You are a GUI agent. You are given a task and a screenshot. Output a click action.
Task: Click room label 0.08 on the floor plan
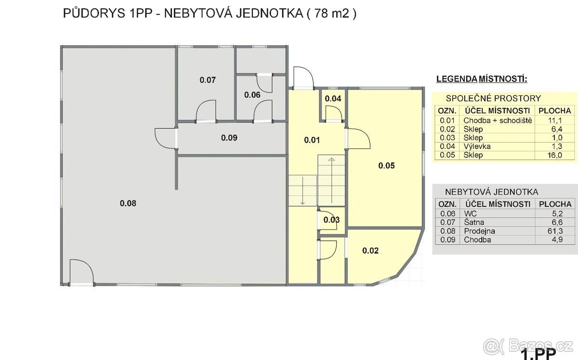click(x=128, y=203)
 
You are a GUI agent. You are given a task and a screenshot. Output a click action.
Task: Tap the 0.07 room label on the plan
click(x=208, y=80)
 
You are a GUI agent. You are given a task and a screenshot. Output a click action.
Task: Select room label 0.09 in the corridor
click(x=229, y=138)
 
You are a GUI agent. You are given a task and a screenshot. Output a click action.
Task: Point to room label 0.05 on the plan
click(x=386, y=165)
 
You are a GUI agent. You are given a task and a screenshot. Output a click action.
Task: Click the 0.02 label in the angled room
click(x=370, y=251)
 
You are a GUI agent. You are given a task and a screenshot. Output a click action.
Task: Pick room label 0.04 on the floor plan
click(x=333, y=98)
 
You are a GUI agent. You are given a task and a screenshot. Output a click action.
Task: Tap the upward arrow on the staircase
click(x=331, y=181)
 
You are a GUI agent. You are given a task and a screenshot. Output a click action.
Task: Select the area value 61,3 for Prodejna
click(x=555, y=231)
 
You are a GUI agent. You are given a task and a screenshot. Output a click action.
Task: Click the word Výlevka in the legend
click(x=477, y=147)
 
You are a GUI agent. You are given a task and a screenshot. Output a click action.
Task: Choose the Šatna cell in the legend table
click(x=474, y=222)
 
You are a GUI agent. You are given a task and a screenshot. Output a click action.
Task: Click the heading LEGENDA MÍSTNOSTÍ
click(x=482, y=79)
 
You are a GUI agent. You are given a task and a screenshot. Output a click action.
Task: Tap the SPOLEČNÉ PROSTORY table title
click(x=493, y=98)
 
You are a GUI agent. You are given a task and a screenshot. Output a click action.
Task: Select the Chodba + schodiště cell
click(x=498, y=120)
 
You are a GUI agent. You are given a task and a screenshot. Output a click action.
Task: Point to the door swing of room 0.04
click(x=334, y=114)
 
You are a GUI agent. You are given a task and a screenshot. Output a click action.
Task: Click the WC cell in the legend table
click(x=470, y=213)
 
